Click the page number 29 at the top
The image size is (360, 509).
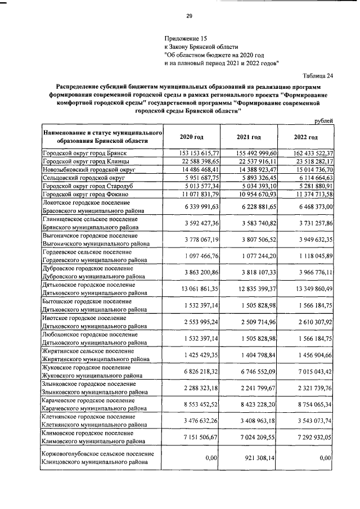[189, 16]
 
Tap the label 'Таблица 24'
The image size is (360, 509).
[317, 76]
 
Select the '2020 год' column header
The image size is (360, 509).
[191, 137]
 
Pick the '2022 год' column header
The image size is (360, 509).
[305, 137]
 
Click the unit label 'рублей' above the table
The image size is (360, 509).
[323, 120]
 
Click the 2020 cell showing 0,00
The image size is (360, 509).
[211, 458]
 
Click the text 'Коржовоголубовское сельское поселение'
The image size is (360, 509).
[98, 453]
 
